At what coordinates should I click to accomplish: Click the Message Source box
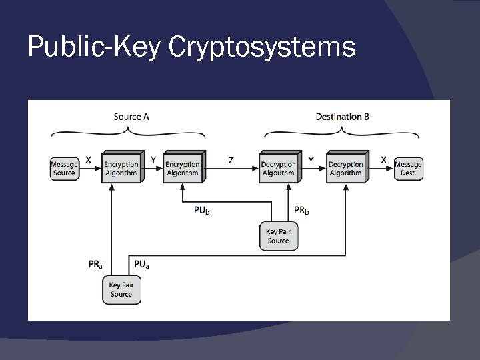tap(64, 169)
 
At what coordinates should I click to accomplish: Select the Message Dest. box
tap(408, 169)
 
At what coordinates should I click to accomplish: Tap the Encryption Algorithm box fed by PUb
tap(182, 168)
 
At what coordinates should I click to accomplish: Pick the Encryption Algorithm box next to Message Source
tap(121, 168)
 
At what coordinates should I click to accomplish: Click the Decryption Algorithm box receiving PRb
tap(278, 168)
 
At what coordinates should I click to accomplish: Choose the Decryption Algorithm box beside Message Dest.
tap(345, 168)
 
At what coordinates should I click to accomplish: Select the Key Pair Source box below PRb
tap(278, 237)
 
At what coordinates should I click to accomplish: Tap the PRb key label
tap(302, 211)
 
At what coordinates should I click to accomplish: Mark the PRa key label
tap(95, 265)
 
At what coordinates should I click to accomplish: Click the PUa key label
tap(141, 265)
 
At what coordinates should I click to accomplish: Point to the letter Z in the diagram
tap(231, 160)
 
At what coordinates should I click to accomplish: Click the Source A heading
tap(131, 117)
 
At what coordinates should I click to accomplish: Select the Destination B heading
tap(343, 117)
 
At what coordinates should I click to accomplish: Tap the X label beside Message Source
tap(89, 160)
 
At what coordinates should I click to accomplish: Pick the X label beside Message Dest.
tap(383, 160)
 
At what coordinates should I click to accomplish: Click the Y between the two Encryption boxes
tap(153, 160)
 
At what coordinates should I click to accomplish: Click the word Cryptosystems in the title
tap(262, 48)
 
